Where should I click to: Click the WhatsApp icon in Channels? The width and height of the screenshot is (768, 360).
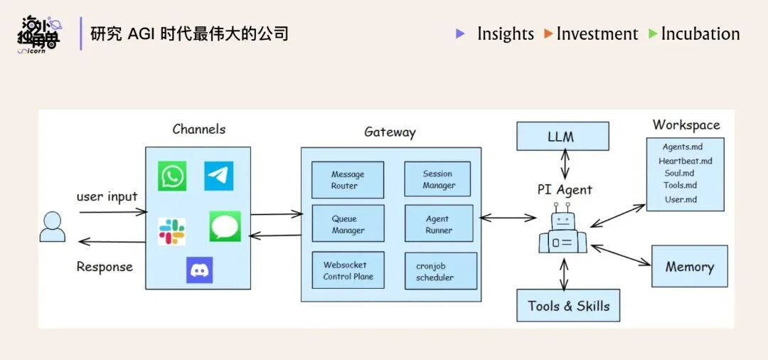(172, 176)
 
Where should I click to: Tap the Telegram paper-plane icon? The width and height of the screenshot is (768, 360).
(218, 176)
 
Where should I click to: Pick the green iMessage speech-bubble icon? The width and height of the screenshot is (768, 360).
(225, 227)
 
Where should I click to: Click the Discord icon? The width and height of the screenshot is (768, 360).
(199, 270)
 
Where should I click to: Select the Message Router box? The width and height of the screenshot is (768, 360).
(348, 180)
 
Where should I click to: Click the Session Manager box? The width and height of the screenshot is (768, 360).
(439, 179)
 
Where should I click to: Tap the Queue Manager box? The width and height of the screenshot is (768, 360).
(348, 224)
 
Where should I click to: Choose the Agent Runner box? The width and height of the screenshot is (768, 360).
(439, 224)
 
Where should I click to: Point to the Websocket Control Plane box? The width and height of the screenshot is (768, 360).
(348, 270)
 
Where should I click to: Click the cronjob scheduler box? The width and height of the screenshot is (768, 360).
(440, 271)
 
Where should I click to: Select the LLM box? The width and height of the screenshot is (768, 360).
(562, 137)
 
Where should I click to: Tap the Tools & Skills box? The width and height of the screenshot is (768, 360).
(568, 306)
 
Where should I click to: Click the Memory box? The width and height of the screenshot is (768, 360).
(689, 267)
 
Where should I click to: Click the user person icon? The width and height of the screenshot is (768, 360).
(53, 227)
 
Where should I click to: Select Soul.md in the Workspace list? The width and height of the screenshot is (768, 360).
(679, 173)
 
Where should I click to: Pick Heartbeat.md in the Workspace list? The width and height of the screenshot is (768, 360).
(685, 161)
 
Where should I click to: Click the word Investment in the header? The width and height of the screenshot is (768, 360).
(597, 33)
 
